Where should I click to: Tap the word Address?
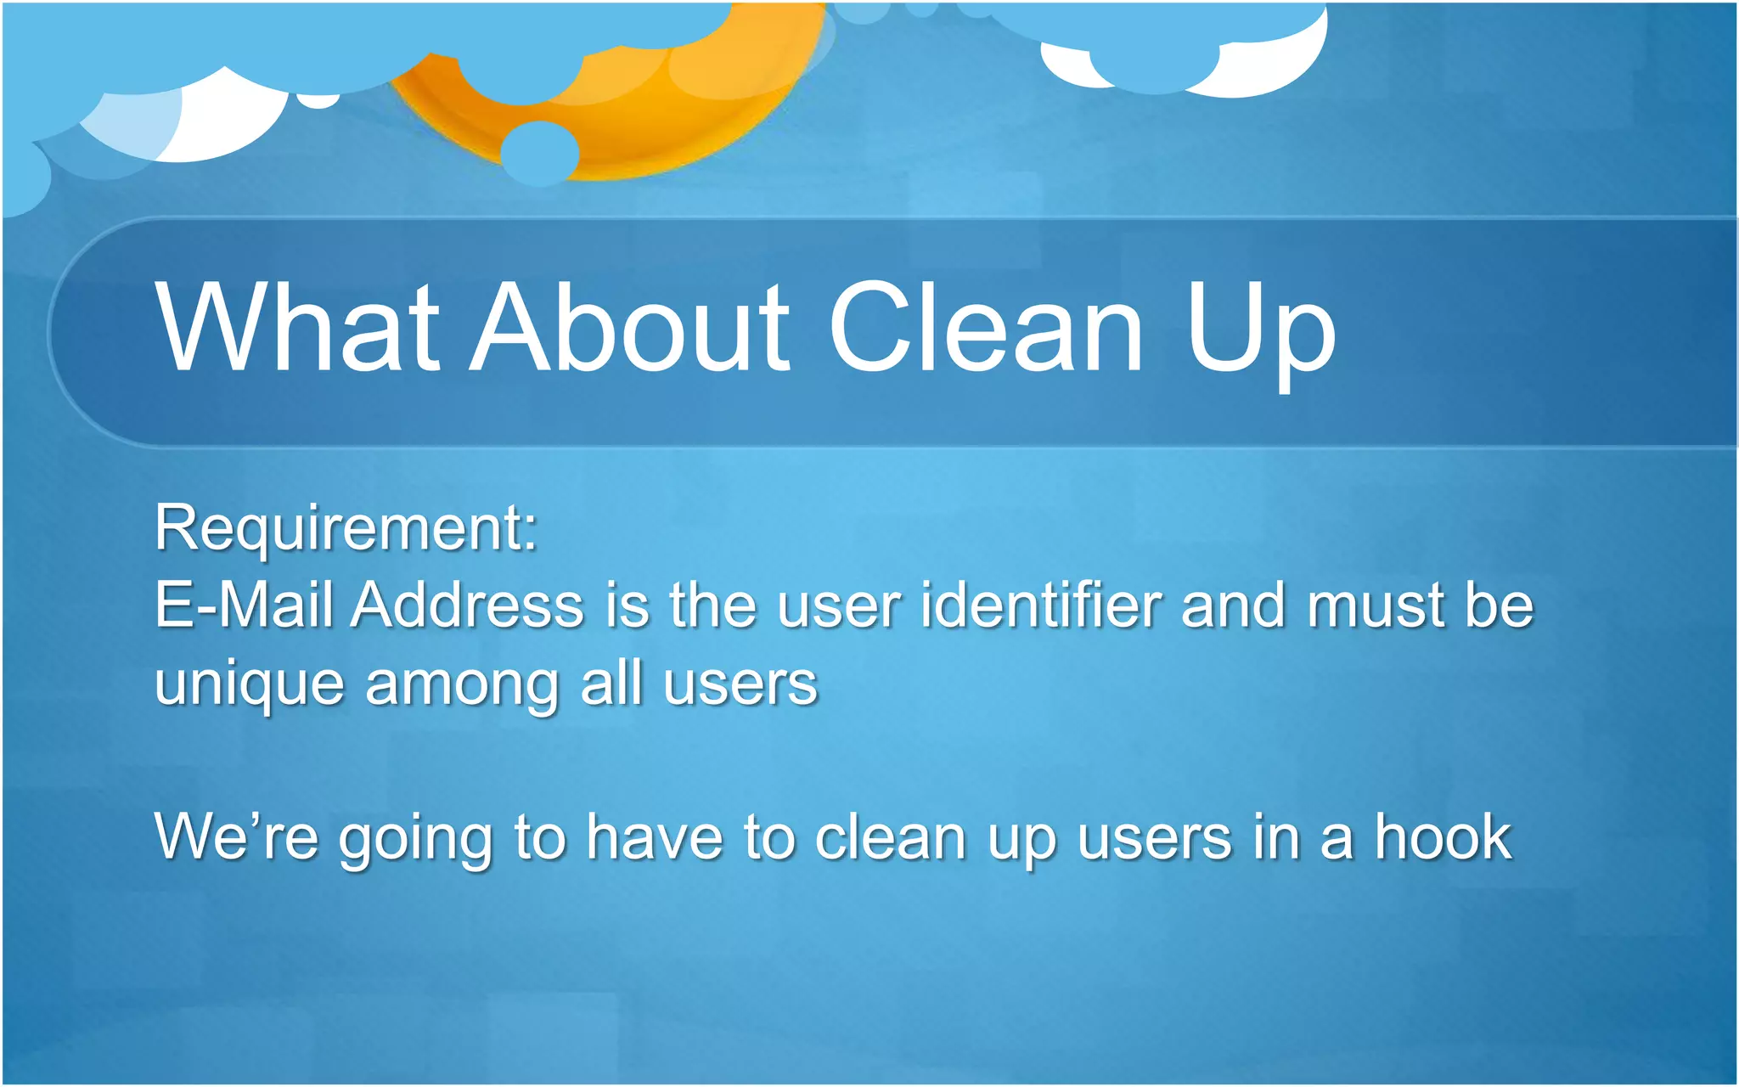point(468,605)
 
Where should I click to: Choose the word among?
point(462,684)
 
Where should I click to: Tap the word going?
point(416,841)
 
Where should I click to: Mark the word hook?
point(1444,837)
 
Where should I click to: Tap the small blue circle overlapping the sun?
point(540,154)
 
